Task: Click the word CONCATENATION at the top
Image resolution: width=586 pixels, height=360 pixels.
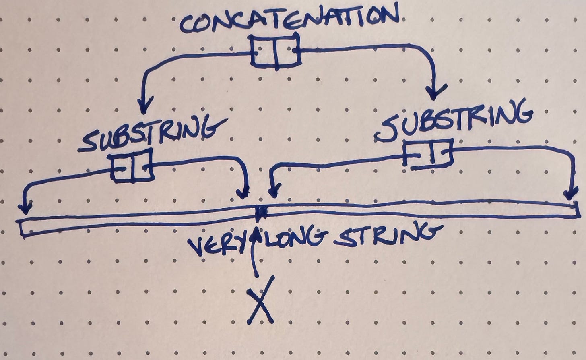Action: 289,20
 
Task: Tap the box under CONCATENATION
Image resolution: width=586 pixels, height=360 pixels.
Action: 276,51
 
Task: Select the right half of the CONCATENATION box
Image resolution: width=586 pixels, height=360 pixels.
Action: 288,51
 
